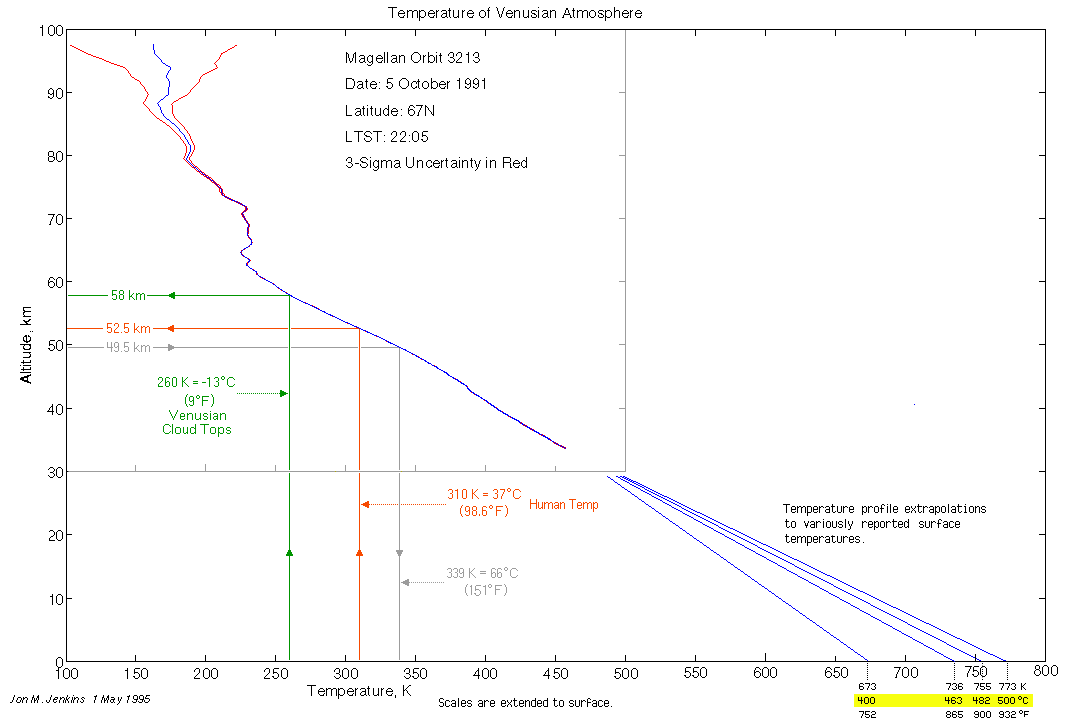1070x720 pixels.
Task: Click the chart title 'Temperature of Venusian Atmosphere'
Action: click(x=515, y=13)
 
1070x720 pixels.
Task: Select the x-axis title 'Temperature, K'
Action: click(x=360, y=691)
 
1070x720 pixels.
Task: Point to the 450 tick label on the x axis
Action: click(x=486, y=674)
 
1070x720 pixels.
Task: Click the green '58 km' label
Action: click(x=128, y=295)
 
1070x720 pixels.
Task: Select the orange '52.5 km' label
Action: click(x=128, y=328)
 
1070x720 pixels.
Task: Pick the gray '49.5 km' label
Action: click(x=128, y=347)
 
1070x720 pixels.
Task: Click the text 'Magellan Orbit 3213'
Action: click(x=413, y=58)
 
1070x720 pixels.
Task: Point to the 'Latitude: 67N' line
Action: click(x=388, y=110)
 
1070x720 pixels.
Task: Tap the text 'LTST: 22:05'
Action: click(x=380, y=136)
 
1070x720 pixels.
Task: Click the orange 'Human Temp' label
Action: click(x=564, y=505)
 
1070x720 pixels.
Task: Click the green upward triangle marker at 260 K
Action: click(x=289, y=552)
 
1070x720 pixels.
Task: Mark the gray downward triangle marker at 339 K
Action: click(x=399, y=553)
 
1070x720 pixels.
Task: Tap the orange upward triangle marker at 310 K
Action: click(x=359, y=552)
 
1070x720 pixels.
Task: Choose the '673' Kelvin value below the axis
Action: click(x=867, y=687)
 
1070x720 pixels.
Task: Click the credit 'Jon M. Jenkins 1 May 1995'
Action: click(x=79, y=699)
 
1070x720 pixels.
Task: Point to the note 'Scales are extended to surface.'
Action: click(x=525, y=703)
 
